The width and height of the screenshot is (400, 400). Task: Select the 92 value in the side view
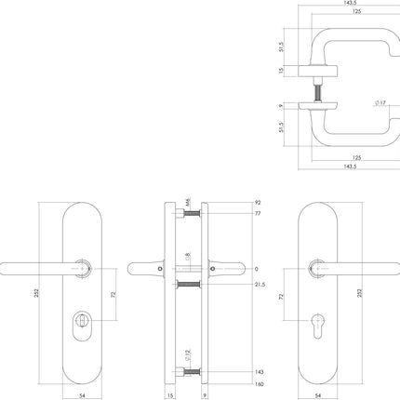257,202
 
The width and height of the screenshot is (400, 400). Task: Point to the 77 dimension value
257,215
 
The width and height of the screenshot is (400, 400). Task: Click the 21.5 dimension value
260,285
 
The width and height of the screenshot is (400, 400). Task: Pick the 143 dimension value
258,371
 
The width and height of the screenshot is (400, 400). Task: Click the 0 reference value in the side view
255,270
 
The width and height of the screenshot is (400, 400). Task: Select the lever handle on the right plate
358,269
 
